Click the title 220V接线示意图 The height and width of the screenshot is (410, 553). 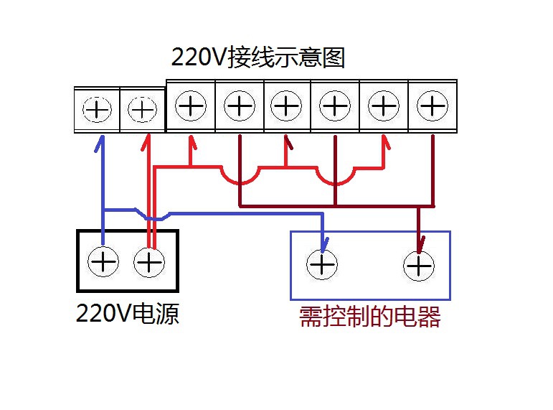click(x=258, y=57)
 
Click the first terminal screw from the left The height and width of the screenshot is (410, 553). click(x=98, y=110)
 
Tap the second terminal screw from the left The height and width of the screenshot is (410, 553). click(x=142, y=110)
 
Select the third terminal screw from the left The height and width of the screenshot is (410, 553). click(x=191, y=107)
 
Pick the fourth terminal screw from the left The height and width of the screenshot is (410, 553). click(x=239, y=107)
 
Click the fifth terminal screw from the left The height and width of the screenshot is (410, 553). click(x=287, y=107)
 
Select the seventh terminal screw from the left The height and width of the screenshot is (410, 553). click(x=384, y=107)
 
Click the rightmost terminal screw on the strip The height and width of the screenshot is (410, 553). click(x=432, y=107)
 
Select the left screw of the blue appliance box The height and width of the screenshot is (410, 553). click(x=322, y=265)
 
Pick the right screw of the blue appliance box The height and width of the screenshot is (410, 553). click(x=419, y=266)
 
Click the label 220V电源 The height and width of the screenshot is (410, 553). click(x=128, y=314)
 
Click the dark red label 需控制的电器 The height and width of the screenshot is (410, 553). click(x=369, y=317)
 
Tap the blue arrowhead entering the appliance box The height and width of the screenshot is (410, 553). click(x=323, y=243)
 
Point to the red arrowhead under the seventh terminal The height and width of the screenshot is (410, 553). click(x=384, y=144)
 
